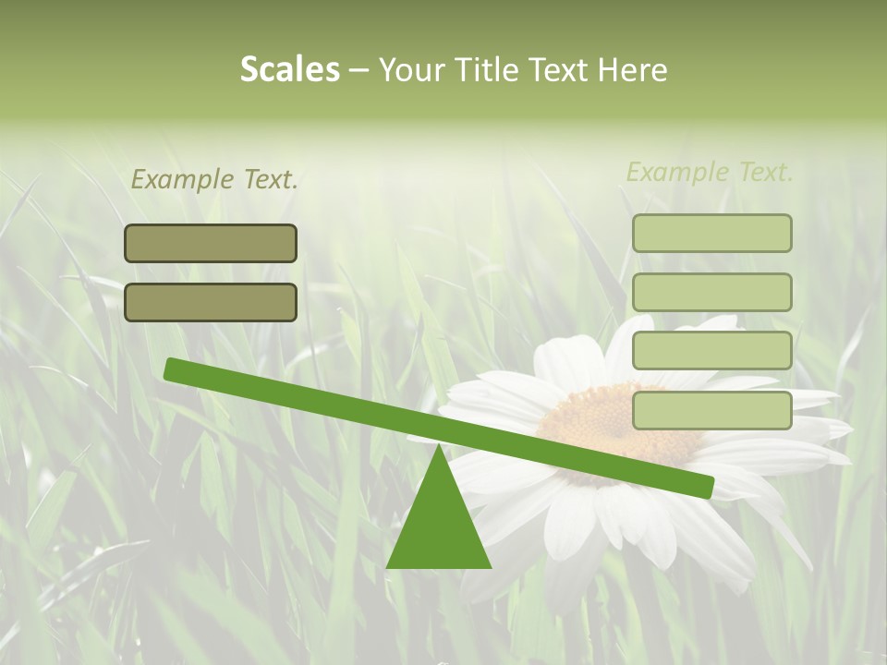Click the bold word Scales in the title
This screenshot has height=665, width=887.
click(x=289, y=70)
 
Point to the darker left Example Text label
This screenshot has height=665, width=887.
click(x=214, y=180)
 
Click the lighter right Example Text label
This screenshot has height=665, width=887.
click(x=710, y=172)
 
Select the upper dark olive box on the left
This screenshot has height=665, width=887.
click(x=211, y=243)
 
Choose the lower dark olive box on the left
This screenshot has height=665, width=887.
click(x=211, y=302)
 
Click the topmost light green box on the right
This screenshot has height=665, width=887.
click(x=711, y=233)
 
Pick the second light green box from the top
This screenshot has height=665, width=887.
click(x=711, y=292)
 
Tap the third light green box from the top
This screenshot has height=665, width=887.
click(x=711, y=351)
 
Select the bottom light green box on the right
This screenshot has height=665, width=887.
click(x=711, y=410)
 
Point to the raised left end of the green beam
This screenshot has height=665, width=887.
click(x=172, y=369)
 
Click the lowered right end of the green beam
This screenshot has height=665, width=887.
click(x=706, y=487)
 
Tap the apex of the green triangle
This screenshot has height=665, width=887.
click(x=439, y=446)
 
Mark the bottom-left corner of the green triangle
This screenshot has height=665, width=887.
click(x=388, y=567)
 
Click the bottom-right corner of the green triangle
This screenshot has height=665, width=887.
click(x=490, y=567)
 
